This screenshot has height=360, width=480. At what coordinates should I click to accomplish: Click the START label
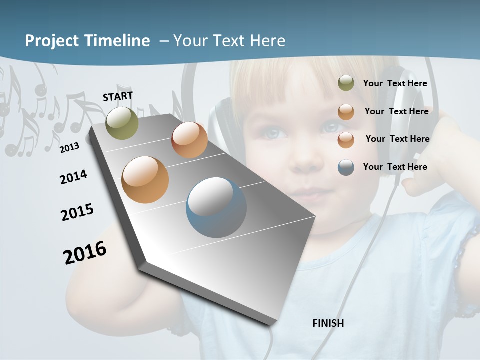118,96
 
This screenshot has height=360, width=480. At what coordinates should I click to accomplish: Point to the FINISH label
328,323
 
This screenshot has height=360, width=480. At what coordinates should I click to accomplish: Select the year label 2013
69,147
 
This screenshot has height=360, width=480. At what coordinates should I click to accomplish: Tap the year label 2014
73,177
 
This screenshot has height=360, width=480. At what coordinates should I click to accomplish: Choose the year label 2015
77,212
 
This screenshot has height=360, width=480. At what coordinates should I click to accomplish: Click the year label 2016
85,253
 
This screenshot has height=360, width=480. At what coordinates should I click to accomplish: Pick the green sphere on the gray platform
122,123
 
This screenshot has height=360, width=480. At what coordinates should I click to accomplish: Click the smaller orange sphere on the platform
189,139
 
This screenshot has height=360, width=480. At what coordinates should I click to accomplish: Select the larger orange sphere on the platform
145,180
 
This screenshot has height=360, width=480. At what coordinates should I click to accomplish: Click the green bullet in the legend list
346,83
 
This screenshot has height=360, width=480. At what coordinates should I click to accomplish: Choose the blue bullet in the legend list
346,167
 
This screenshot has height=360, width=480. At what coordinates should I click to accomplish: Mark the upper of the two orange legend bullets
346,112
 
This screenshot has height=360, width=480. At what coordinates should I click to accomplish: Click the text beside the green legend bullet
395,83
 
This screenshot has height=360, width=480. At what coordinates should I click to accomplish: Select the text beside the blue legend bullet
395,167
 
